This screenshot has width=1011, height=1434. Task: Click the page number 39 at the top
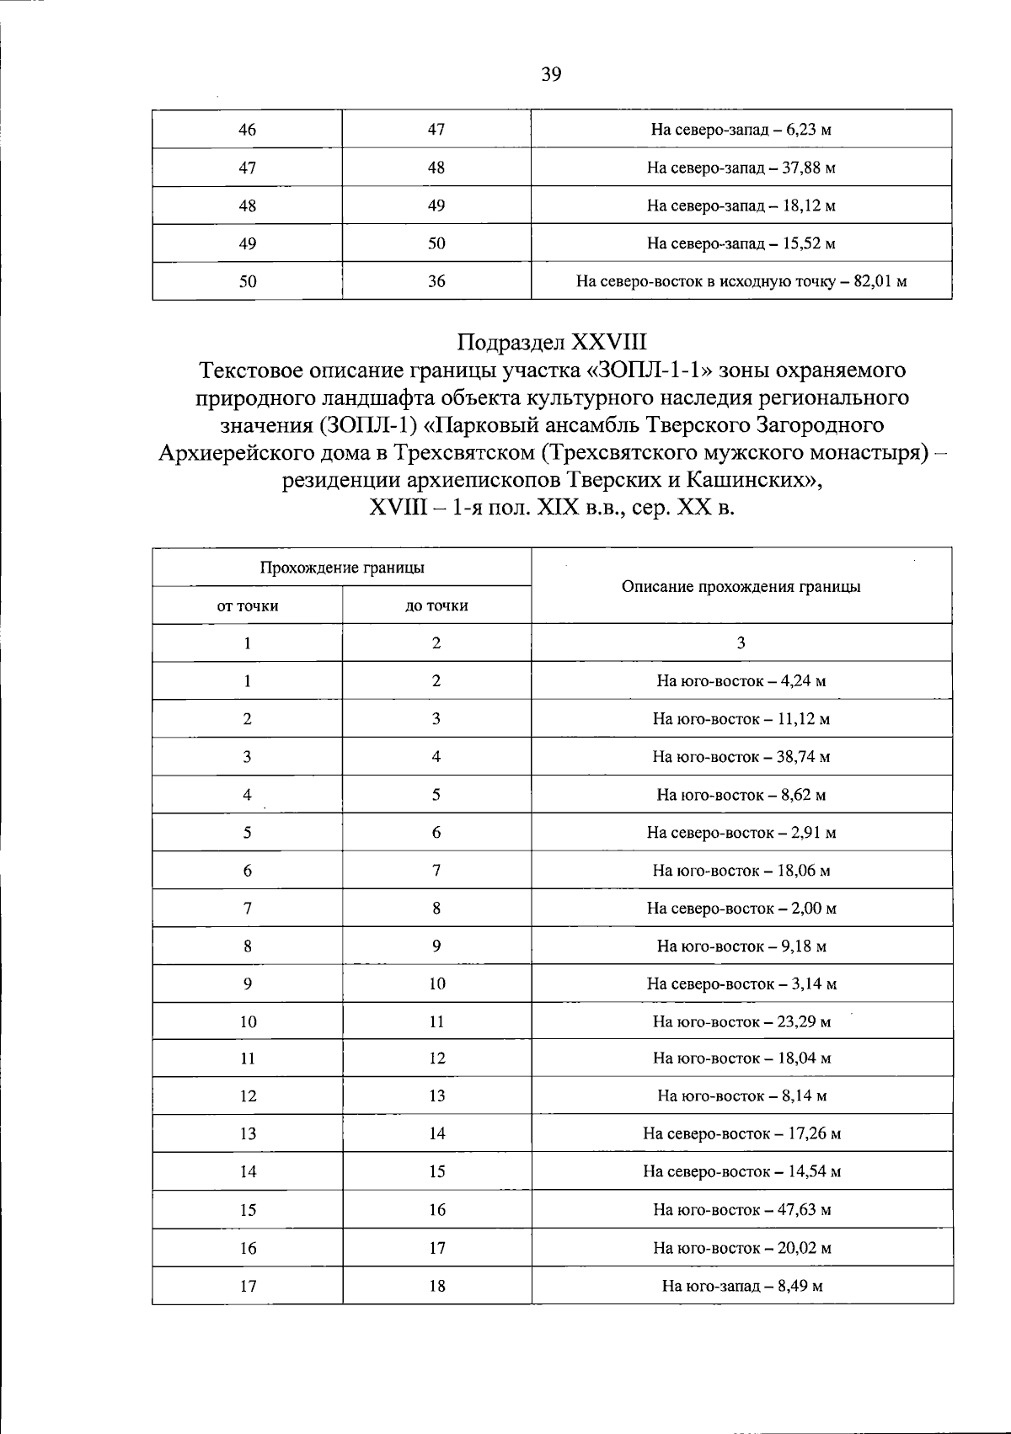point(551,74)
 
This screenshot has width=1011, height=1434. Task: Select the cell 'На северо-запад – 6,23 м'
point(741,130)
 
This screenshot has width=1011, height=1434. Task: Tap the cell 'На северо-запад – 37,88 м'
point(741,168)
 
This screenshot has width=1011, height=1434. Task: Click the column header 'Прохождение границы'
point(342,568)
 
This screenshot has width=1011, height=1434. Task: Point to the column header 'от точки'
point(248,605)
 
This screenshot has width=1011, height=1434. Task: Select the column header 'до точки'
point(436,605)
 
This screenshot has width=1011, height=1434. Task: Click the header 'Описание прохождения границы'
point(741,586)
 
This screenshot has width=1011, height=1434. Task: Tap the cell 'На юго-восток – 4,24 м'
point(741,680)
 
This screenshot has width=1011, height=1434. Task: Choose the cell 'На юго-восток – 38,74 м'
point(741,756)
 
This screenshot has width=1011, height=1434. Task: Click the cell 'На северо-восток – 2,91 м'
point(741,833)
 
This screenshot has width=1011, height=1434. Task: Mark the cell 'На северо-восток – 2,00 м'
point(741,909)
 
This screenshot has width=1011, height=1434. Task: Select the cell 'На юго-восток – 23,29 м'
point(741,1022)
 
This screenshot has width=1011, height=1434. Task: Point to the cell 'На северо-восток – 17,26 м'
point(741,1133)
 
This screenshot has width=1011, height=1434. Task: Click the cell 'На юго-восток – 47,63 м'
point(741,1210)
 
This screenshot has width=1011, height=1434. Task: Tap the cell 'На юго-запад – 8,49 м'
point(741,1286)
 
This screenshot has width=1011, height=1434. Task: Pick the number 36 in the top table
point(436,281)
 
